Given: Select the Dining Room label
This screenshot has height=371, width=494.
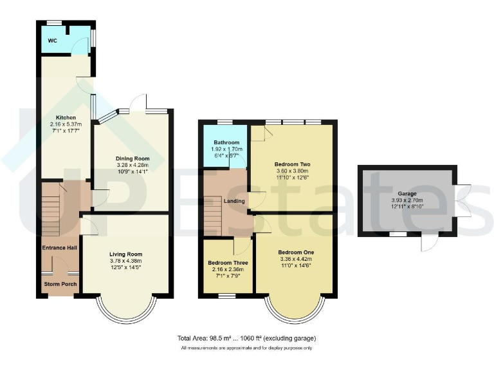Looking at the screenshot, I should [x=133, y=158].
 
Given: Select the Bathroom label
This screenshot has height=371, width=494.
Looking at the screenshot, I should [x=226, y=142].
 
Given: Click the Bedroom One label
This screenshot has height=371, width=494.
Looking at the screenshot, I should [x=295, y=252].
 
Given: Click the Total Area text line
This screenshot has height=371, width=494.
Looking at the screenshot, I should [x=246, y=338].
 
